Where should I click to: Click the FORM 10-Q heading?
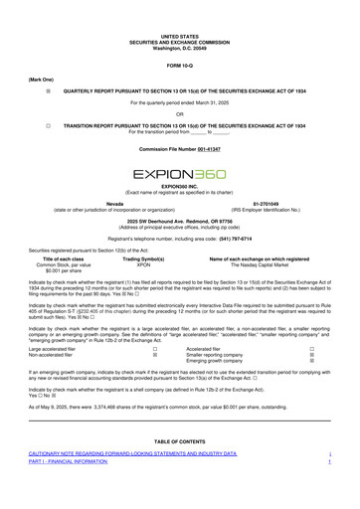(180, 66)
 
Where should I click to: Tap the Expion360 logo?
(180, 175)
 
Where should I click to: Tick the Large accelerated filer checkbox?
(153, 350)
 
